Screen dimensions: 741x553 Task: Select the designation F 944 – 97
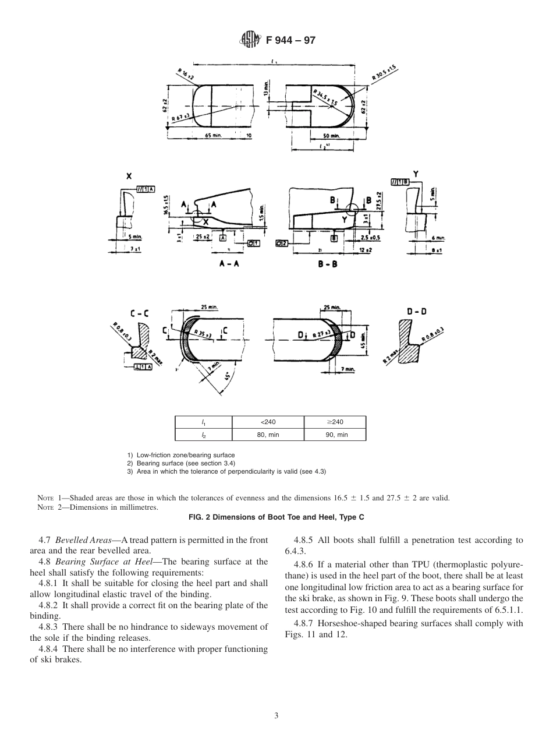tap(290, 40)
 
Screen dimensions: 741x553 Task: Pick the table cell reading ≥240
tap(335, 422)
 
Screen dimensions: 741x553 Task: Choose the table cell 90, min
tap(335, 435)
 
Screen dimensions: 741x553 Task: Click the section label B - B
tap(327, 264)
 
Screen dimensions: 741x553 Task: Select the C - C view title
tap(139, 313)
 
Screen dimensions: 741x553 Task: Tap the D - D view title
tap(416, 312)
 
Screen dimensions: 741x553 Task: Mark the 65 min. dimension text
tap(215, 136)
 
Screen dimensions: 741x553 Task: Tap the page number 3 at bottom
tap(276, 715)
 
